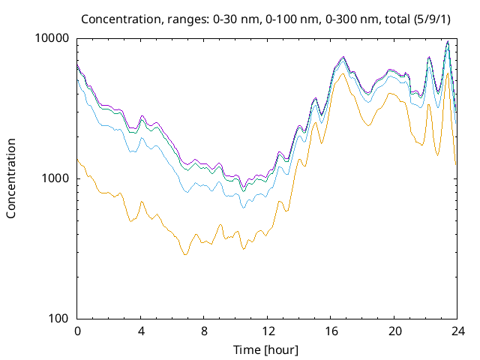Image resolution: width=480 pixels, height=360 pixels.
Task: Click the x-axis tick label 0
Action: (77, 331)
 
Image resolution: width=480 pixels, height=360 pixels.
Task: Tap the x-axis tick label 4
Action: (141, 331)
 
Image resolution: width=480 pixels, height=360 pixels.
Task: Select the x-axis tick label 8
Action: (204, 331)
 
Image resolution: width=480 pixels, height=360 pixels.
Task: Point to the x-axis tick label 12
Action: (268, 331)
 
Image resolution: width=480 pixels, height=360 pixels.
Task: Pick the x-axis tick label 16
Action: (331, 331)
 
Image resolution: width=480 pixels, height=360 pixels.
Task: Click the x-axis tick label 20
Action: (394, 331)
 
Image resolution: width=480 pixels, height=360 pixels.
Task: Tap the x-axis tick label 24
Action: (457, 331)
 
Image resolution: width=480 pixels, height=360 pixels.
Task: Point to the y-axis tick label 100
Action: (59, 319)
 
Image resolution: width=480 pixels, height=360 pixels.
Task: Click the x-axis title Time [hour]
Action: (268, 349)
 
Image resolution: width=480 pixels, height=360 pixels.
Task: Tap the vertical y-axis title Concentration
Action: (11, 178)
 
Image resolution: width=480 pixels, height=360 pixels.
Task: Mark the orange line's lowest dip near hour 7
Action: (184, 255)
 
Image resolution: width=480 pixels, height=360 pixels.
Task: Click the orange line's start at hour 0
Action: (78, 159)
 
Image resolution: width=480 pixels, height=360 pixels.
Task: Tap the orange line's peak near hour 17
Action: (343, 73)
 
